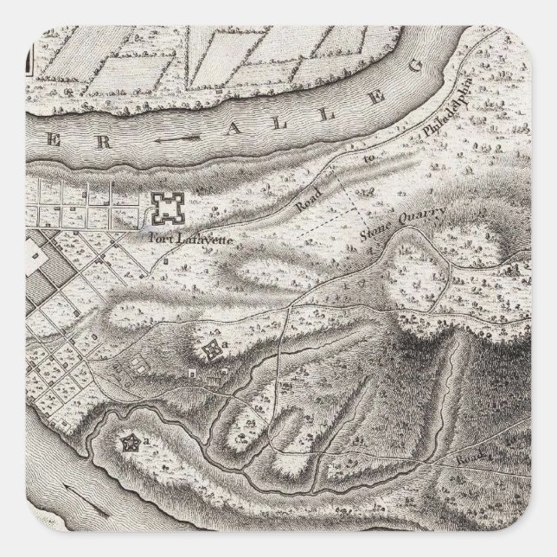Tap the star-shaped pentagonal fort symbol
(x=131, y=444)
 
